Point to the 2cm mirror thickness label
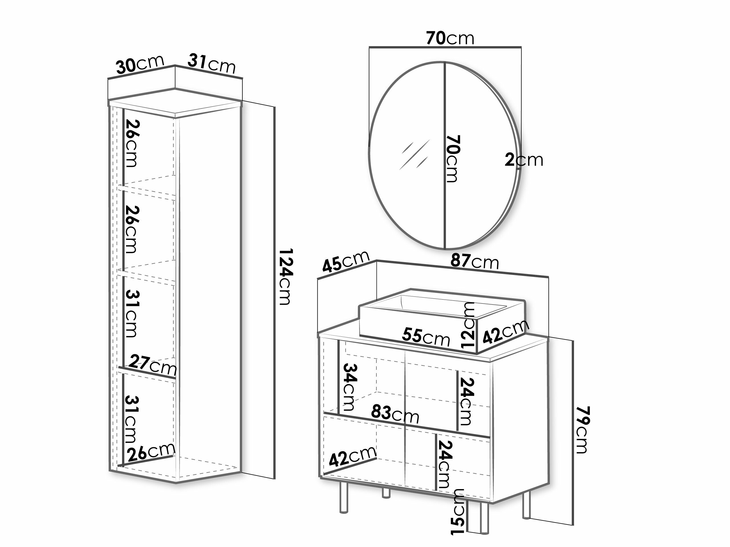coord(524,160)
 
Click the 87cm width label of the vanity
coord(475,262)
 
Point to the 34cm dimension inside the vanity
coord(350,387)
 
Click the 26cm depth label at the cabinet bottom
coord(151,451)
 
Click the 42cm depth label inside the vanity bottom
coord(352,456)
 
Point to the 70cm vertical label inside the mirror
coord(453,159)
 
